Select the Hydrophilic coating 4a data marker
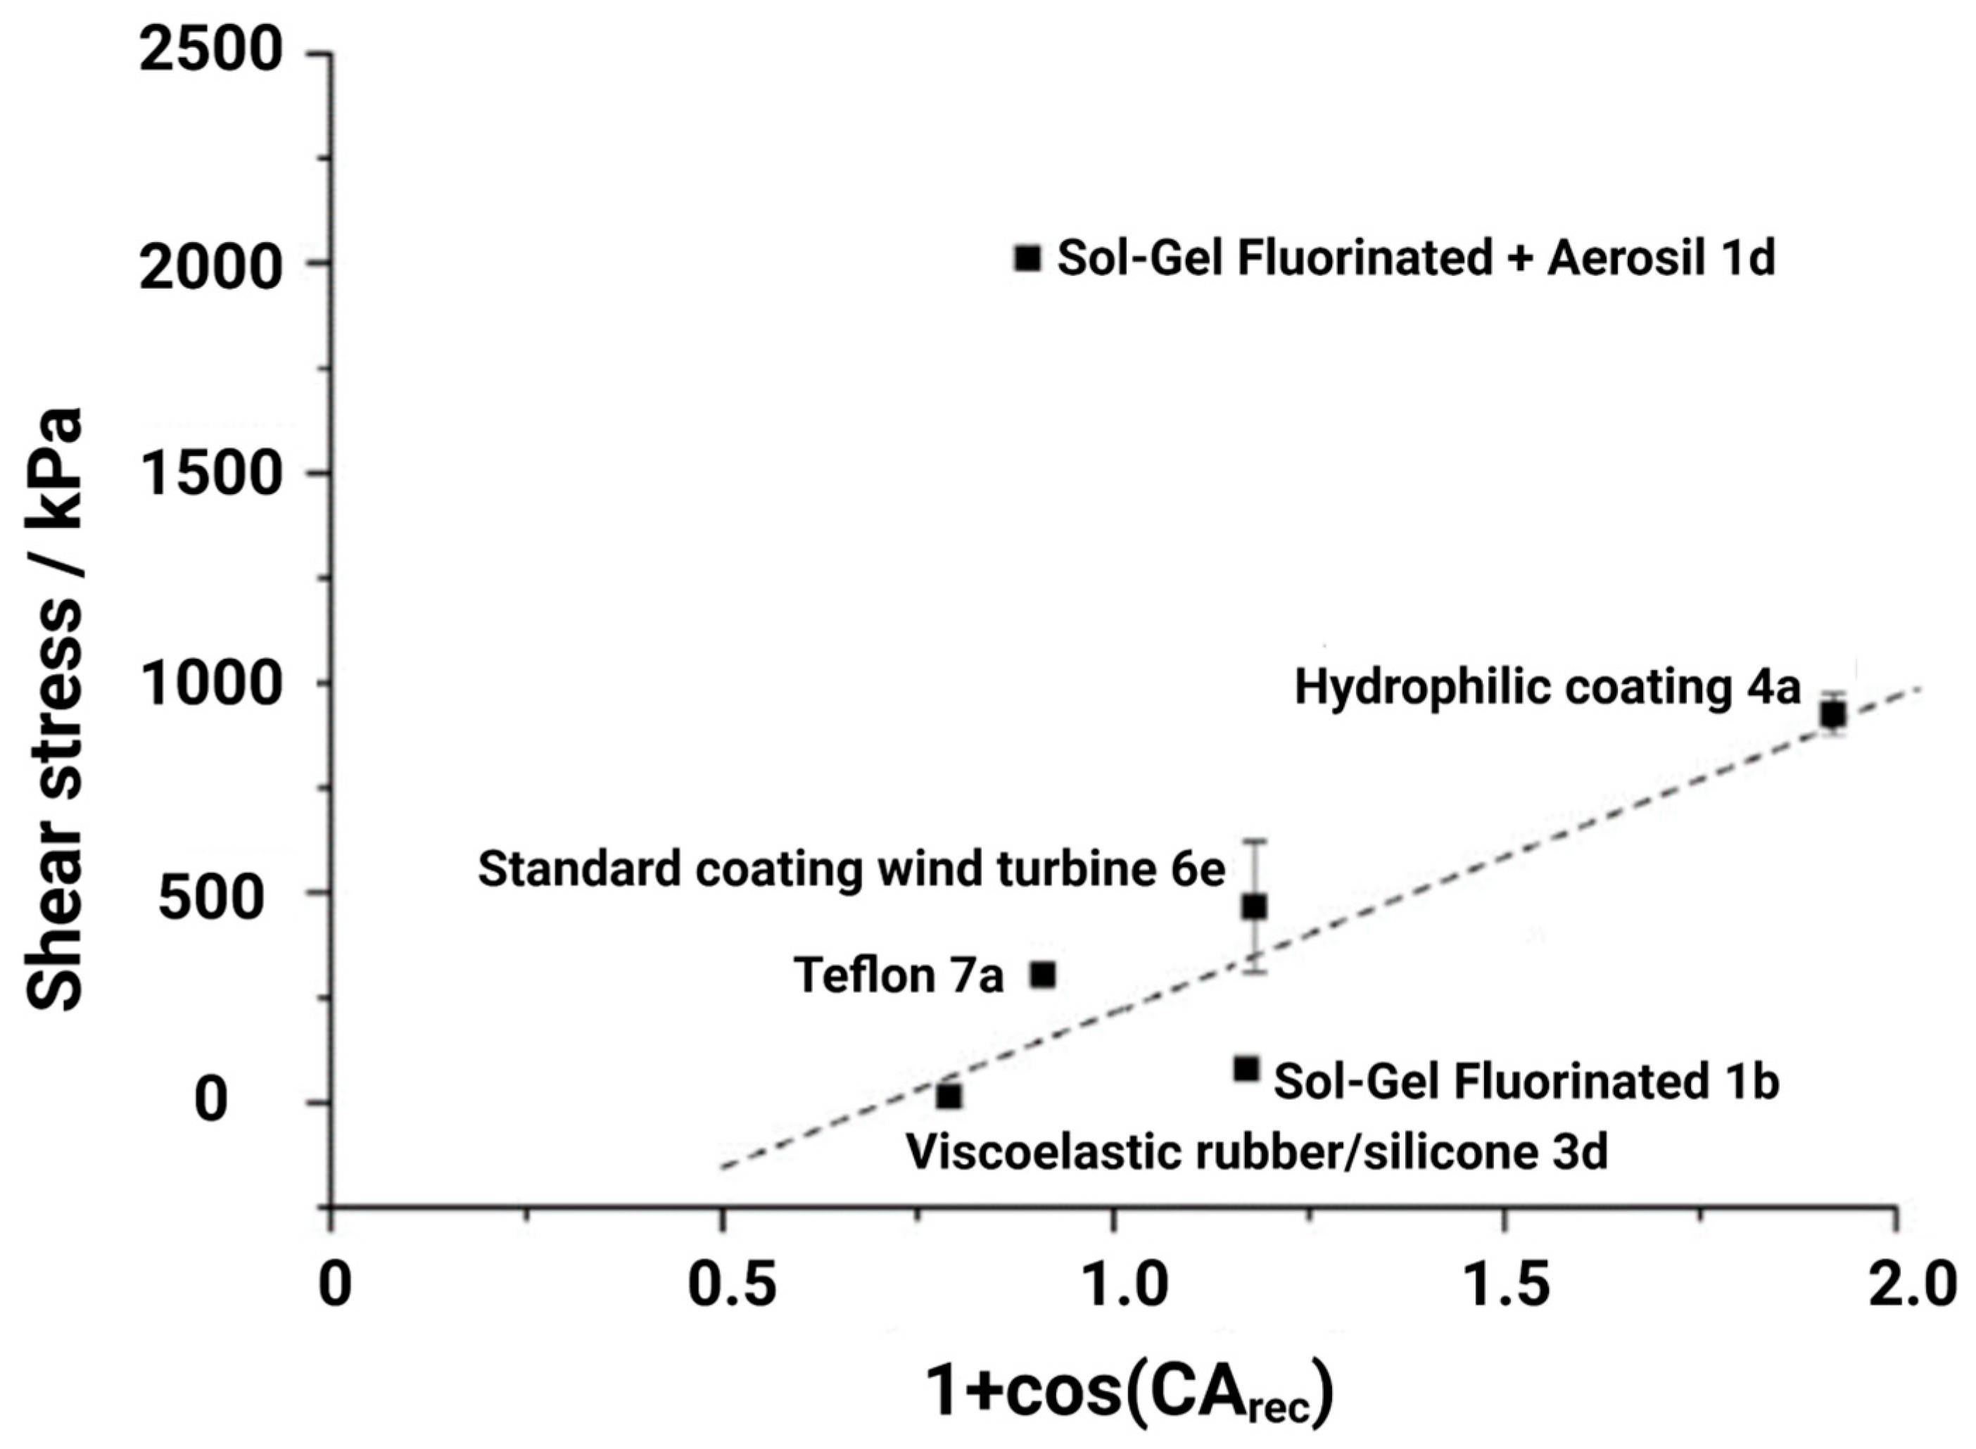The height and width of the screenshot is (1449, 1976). coord(1833,715)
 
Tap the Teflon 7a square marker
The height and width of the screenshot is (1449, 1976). coord(1042,975)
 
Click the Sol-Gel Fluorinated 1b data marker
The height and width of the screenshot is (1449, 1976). coord(1246,1068)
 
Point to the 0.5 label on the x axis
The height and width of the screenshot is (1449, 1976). coord(731,1286)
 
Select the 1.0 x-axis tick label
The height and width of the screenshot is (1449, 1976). coord(1122,1286)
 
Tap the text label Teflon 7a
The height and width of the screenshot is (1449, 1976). coord(898,976)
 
